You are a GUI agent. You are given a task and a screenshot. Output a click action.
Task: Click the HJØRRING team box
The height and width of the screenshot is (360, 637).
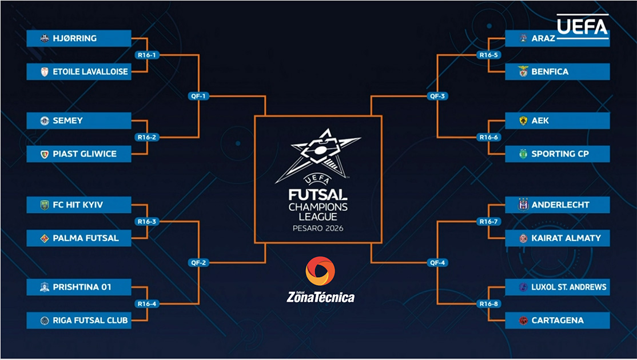tap(79, 39)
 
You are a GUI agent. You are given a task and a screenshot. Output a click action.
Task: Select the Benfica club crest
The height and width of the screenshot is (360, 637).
tap(523, 72)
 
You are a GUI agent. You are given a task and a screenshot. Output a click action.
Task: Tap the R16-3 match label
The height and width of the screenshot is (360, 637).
tap(147, 221)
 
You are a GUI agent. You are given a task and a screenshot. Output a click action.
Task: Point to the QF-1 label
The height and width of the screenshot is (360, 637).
tap(198, 96)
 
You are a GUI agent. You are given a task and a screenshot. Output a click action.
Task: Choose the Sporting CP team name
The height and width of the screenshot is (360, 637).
tap(560, 154)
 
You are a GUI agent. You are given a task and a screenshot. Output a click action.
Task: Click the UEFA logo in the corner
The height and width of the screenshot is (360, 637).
tap(582, 26)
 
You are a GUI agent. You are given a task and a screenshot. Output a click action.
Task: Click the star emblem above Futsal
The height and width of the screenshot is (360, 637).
tap(318, 154)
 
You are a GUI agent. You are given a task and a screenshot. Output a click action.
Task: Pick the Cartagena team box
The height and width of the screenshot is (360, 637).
tap(557, 321)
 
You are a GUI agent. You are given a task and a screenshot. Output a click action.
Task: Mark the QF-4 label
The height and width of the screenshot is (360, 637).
tap(437, 263)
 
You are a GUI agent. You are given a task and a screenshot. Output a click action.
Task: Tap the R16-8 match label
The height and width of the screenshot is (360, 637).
tap(488, 303)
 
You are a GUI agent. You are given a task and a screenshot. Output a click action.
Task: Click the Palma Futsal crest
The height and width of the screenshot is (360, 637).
tap(45, 238)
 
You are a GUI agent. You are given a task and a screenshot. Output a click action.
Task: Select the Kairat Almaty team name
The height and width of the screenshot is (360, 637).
tap(566, 238)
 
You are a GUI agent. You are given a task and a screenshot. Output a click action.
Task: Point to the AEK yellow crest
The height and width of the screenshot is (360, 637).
tap(523, 121)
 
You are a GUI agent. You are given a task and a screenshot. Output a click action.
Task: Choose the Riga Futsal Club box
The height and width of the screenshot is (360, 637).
tap(79, 321)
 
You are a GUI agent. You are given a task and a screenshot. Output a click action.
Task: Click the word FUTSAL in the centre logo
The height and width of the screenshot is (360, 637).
tap(318, 194)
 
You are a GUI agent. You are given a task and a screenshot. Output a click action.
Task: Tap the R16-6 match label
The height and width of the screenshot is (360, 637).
tap(488, 137)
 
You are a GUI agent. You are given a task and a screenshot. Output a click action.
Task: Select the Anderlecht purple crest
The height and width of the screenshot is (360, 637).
tap(523, 205)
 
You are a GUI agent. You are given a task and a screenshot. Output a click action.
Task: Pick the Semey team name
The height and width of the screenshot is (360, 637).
tap(68, 121)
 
